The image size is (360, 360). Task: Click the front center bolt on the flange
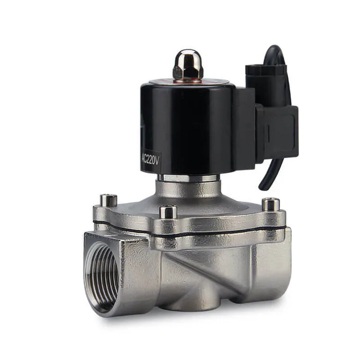pos(168,211)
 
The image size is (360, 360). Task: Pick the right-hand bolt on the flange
pos(271,205)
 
